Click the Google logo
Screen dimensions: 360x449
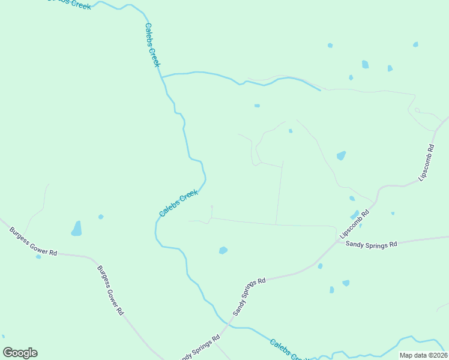coord(20,353)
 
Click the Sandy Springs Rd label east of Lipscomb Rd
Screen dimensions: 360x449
coord(372,245)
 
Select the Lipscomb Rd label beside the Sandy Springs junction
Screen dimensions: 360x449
coord(355,224)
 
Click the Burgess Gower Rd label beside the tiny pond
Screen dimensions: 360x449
coord(33,241)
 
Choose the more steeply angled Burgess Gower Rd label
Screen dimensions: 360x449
coord(110,291)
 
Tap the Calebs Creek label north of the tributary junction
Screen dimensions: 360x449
coord(152,46)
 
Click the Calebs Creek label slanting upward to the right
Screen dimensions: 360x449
coord(178,203)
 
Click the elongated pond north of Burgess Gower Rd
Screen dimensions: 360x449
coord(76,229)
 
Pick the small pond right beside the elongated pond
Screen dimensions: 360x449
coord(101,217)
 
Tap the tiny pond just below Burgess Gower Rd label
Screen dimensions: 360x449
coord(38,256)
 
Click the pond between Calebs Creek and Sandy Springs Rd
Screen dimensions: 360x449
coord(223,250)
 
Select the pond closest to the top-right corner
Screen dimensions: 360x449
coord(415,44)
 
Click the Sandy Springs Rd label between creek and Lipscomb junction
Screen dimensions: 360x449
coord(249,296)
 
